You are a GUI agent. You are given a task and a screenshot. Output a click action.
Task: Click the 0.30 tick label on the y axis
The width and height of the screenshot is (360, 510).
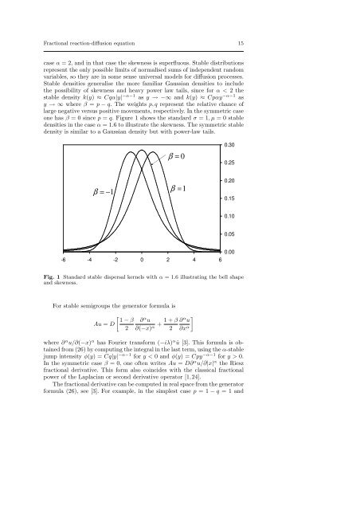click(x=232, y=145)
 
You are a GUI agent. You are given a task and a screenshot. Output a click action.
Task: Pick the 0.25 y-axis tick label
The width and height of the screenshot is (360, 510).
click(x=232, y=163)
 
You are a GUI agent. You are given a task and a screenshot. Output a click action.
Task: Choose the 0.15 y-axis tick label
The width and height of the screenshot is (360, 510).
click(x=232, y=198)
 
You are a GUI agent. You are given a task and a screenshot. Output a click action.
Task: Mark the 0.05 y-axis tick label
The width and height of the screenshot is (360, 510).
click(x=232, y=234)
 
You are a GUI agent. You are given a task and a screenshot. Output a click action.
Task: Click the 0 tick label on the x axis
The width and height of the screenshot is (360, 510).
click(x=142, y=260)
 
